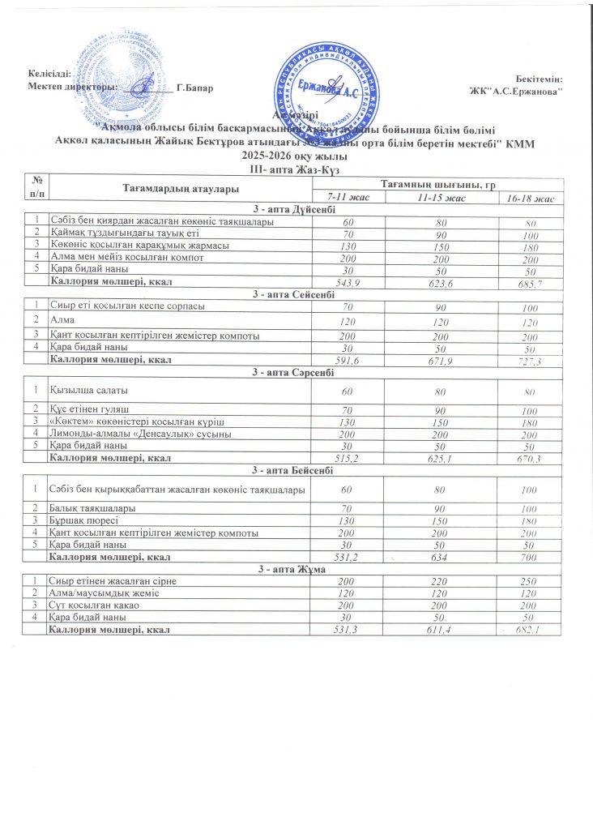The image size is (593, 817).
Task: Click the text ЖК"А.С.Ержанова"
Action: pos(522,90)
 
